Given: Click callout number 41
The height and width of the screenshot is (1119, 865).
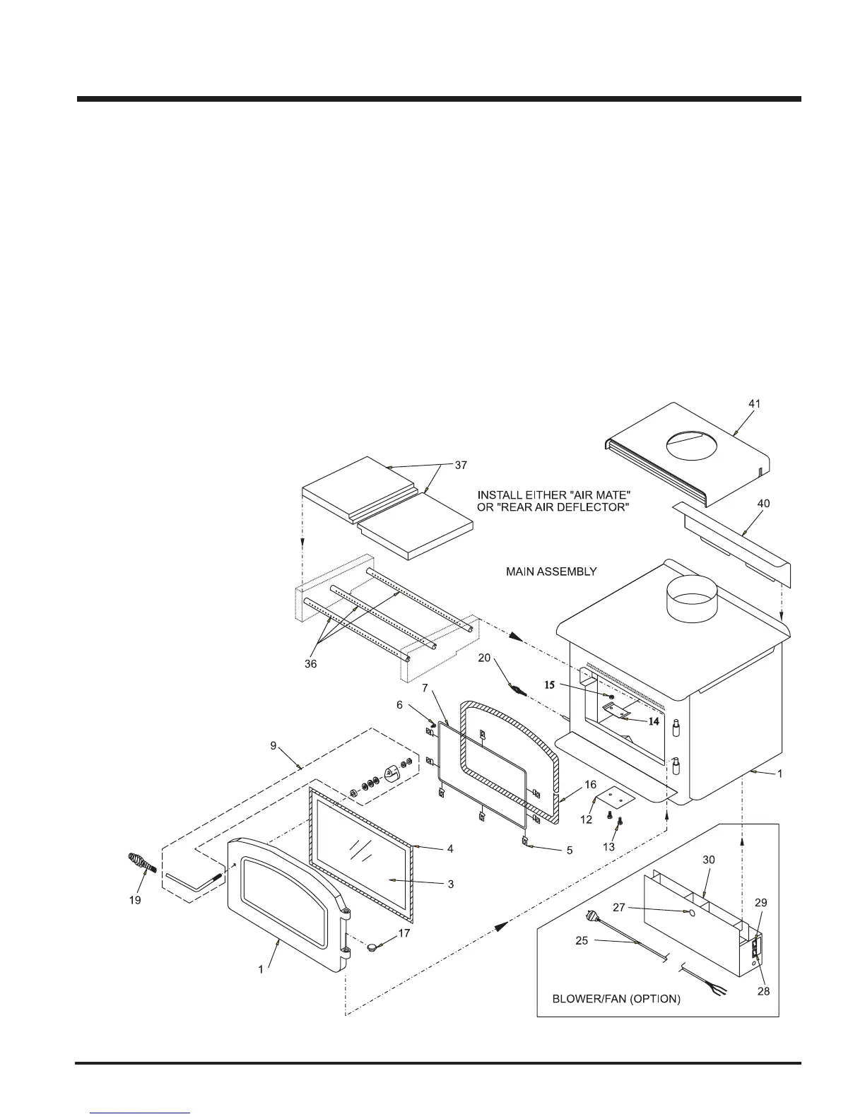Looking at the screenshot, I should [755, 403].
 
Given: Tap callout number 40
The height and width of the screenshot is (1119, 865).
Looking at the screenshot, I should [763, 504].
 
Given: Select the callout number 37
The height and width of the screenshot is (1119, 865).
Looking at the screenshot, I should [461, 466].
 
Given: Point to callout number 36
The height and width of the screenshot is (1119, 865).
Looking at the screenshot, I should [310, 664].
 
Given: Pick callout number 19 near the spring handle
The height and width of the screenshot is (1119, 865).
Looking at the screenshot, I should [135, 900].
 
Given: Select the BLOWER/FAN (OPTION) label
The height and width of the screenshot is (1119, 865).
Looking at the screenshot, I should [616, 999].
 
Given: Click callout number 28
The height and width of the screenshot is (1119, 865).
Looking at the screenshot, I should [763, 991].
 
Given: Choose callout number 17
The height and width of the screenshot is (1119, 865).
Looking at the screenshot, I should [404, 933].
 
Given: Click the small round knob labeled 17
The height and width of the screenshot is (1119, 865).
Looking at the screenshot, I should [375, 946].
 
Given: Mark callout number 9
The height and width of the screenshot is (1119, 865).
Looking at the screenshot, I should [273, 745].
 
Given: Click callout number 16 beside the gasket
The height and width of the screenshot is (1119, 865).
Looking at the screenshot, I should [590, 785].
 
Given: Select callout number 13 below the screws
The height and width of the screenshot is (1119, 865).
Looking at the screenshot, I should [608, 846].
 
